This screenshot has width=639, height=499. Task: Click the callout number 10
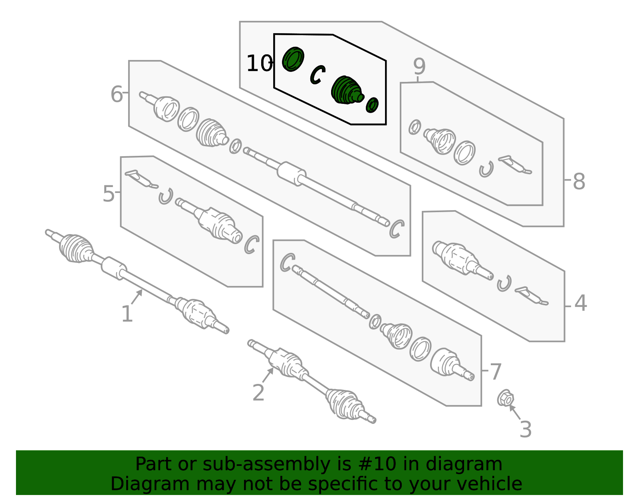[x=259, y=64]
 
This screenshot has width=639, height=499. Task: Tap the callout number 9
[x=419, y=66]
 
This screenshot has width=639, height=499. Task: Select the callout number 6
[x=117, y=94]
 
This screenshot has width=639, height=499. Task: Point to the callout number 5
[x=108, y=194]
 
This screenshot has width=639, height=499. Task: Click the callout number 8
[x=579, y=181]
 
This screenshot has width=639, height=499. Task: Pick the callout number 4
[x=580, y=303]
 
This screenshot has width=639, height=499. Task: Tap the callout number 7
[x=495, y=372]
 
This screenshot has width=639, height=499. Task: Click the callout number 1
[x=127, y=314]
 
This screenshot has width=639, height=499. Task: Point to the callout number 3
[x=526, y=429]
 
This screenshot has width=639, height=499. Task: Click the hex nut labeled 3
[x=505, y=398]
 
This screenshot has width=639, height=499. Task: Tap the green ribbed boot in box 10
[x=347, y=90]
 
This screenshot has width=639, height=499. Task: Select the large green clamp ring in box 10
[x=293, y=59]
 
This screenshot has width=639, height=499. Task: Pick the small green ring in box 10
[x=372, y=105]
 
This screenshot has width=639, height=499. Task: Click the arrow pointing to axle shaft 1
[x=137, y=297]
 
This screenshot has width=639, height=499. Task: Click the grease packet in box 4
[x=531, y=296]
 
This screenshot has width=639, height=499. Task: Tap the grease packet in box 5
[x=141, y=179]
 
